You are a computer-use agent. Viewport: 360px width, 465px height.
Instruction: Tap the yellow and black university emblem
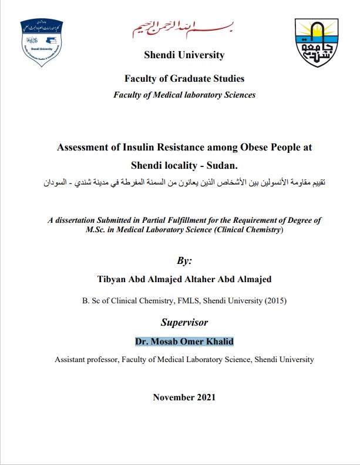316,42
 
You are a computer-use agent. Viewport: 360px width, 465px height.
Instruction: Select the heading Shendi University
184,55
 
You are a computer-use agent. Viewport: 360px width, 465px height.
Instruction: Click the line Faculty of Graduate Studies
184,79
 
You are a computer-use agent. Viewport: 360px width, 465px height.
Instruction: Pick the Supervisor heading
184,322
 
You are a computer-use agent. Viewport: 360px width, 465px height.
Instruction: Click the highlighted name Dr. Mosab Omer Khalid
184,342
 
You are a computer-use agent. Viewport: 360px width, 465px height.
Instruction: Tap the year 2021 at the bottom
205,397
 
